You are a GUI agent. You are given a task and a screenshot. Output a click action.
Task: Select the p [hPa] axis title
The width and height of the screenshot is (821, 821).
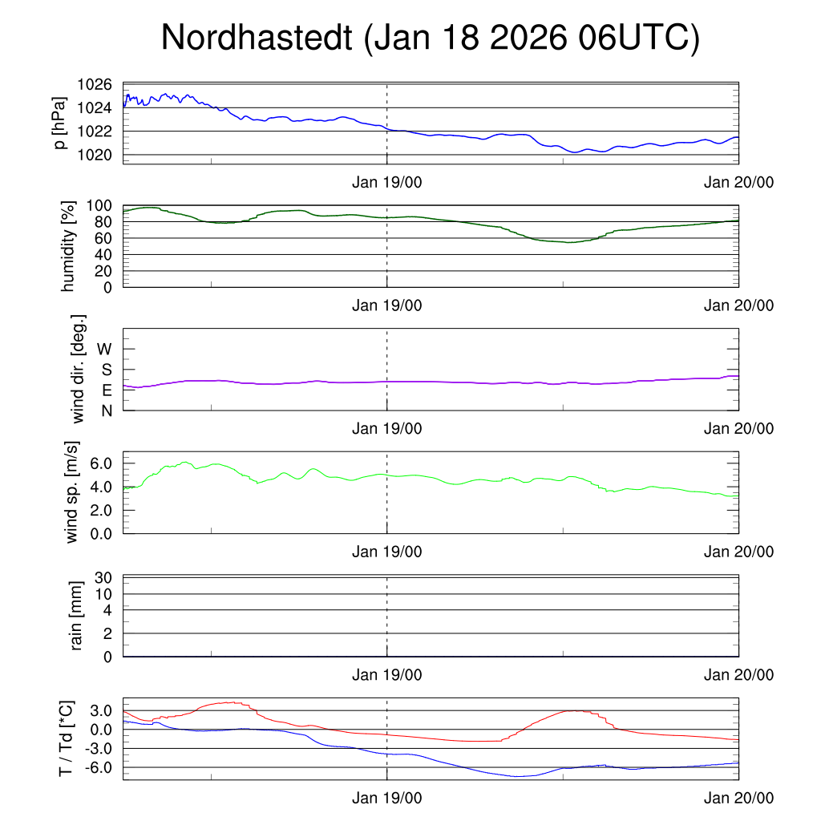click(x=61, y=123)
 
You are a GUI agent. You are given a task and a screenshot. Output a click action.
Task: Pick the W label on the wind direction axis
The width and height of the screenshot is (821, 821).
click(x=104, y=349)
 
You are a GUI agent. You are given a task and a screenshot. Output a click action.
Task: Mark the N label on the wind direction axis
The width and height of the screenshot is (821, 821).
click(x=106, y=410)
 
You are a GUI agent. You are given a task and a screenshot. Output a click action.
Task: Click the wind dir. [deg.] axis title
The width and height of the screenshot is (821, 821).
click(x=79, y=369)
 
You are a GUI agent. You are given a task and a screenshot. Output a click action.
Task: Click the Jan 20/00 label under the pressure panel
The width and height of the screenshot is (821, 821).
click(x=739, y=182)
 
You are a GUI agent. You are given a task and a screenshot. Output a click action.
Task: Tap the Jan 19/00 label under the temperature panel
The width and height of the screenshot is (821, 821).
click(x=387, y=799)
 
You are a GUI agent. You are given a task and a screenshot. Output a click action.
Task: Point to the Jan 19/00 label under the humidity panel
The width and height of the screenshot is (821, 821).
click(x=387, y=305)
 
